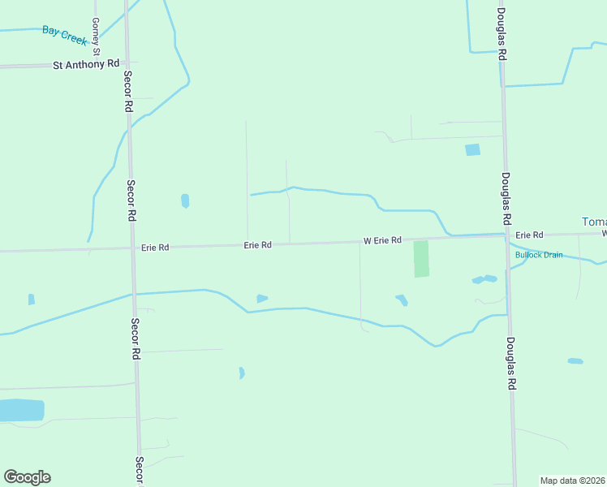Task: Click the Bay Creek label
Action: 64,35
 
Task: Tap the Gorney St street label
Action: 96,37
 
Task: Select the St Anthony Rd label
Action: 86,63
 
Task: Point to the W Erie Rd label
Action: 382,240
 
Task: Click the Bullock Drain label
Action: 538,255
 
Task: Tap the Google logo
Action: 27,477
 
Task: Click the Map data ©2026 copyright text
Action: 573,481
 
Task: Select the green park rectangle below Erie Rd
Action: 421,259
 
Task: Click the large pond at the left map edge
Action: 19,410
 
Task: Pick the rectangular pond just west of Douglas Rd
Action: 472,150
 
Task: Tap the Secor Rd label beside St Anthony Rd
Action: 127,91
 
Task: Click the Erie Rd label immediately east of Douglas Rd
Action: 527,234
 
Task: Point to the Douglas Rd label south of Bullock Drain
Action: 511,365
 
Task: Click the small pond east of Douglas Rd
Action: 575,360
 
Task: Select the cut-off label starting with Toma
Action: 594,222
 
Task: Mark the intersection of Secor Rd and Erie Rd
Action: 131,248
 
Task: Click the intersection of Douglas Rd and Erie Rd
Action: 505,236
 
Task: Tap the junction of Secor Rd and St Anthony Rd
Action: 126,62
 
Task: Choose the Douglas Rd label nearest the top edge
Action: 502,33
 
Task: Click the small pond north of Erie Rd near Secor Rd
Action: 185,200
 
